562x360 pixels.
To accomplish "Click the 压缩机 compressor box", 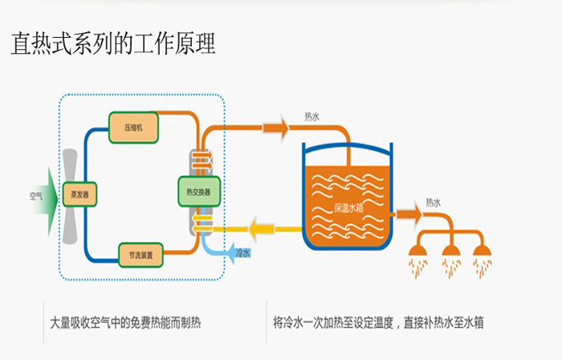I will pyautogui.click(x=133, y=126).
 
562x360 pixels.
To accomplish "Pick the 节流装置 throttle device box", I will pyautogui.click(x=141, y=255).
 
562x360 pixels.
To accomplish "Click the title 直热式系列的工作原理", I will pyautogui.click(x=113, y=43).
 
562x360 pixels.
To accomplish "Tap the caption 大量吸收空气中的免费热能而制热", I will pyautogui.click(x=125, y=324).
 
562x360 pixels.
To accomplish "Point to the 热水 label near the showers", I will pyautogui.click(x=433, y=202).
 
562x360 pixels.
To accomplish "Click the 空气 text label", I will pyautogui.click(x=37, y=195).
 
